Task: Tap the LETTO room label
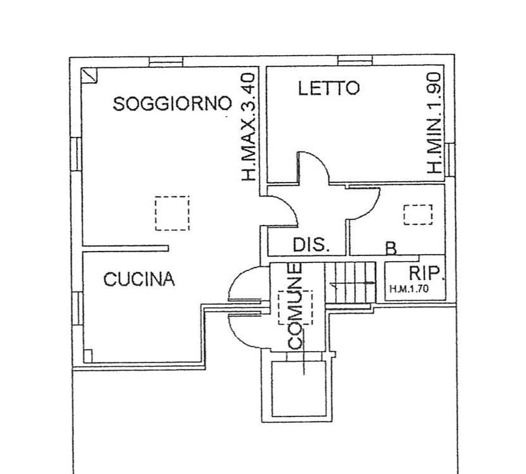pos(329,89)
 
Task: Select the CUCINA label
pos(139,279)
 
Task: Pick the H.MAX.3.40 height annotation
pos(249,127)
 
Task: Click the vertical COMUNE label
pos(295,307)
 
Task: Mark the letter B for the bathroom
pos(391,248)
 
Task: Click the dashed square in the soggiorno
pos(172,213)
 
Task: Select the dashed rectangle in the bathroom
pos(418,215)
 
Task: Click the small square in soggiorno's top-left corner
pos(89,75)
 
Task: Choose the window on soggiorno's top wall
pos(166,61)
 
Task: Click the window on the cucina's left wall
pos(77,308)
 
